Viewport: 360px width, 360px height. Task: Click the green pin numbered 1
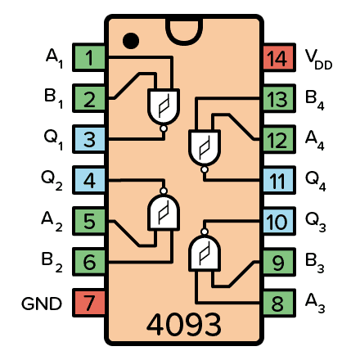click(x=88, y=58)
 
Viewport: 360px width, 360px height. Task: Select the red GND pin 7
click(x=88, y=304)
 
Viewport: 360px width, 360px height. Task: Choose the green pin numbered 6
click(x=88, y=263)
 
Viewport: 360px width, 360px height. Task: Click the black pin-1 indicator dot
click(x=130, y=38)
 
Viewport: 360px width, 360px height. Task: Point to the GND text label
click(x=41, y=304)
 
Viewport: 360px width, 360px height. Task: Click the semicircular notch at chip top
click(x=183, y=26)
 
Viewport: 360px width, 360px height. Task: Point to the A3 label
click(x=315, y=304)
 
